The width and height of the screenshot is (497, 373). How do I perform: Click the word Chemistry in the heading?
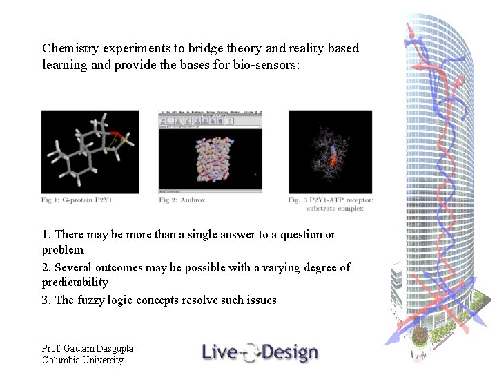tap(70, 48)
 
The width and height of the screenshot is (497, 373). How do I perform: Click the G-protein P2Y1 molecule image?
tap(90, 152)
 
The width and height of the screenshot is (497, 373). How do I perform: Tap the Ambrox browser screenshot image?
tap(210, 151)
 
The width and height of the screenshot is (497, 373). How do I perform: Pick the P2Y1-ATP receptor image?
tap(330, 152)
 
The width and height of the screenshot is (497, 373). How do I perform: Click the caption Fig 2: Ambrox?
tap(182, 200)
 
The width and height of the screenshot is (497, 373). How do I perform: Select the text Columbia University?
tap(83, 360)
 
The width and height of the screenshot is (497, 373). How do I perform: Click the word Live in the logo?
tap(220, 352)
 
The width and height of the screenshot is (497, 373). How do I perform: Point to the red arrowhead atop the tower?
tap(409, 31)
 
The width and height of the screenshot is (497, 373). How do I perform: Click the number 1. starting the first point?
tap(46, 235)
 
